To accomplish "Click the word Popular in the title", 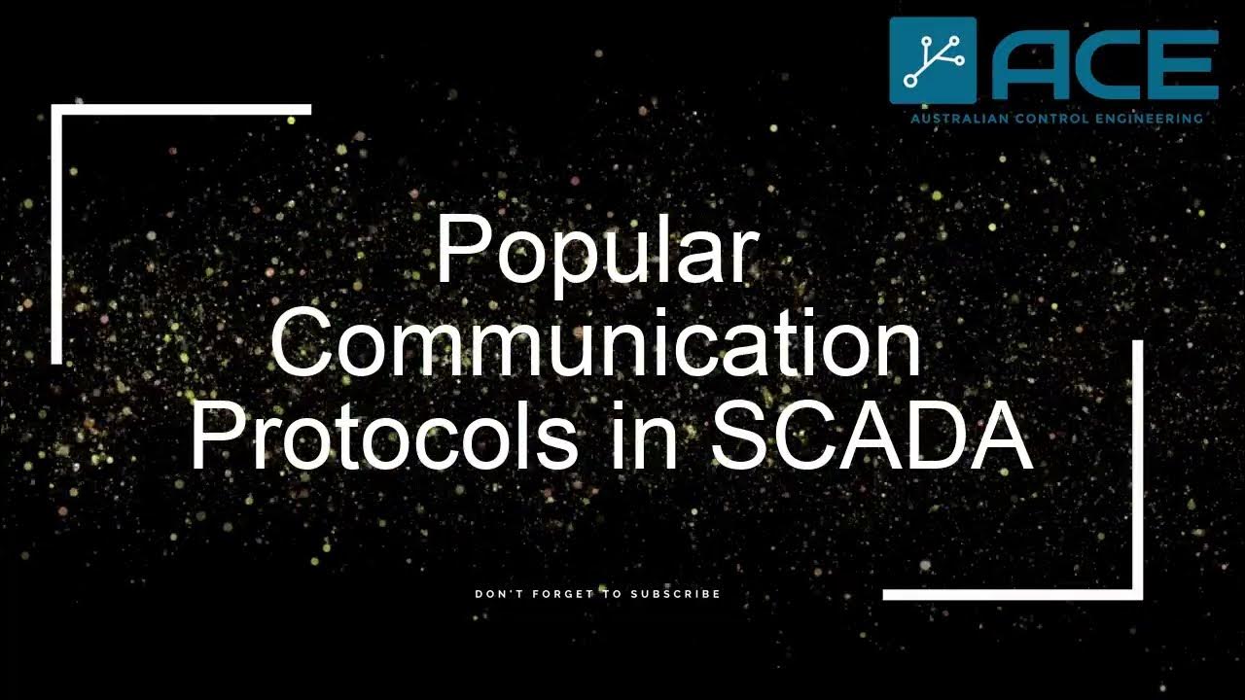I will point(595,251).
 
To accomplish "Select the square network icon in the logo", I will point(933,59).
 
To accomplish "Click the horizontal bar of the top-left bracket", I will point(185,110).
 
